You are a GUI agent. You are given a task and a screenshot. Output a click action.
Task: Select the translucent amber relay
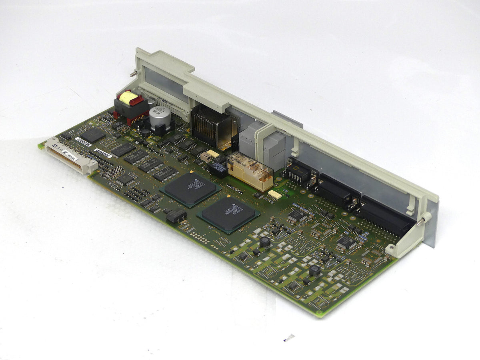point(250,170)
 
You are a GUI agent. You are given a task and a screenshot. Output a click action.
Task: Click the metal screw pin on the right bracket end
point(421,220)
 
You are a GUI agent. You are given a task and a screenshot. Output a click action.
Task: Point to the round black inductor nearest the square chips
point(264,242)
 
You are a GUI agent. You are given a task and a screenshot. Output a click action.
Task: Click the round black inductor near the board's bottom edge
point(315,271)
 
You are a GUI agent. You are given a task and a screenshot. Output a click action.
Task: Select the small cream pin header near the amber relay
point(274,194)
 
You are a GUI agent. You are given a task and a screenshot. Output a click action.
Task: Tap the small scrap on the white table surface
point(289,338)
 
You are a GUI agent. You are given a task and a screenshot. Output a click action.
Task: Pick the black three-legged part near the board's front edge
point(176,216)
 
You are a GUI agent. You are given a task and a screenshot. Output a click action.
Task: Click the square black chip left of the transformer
point(92,135)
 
